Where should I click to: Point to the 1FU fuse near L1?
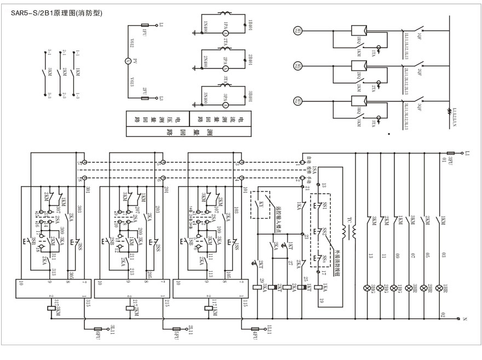(146, 25)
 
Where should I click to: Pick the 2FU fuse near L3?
(146, 98)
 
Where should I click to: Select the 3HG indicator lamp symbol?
(367, 288)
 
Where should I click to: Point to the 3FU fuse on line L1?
(451, 154)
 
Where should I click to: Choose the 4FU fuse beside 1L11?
(255, 329)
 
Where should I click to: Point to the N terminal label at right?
(464, 319)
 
